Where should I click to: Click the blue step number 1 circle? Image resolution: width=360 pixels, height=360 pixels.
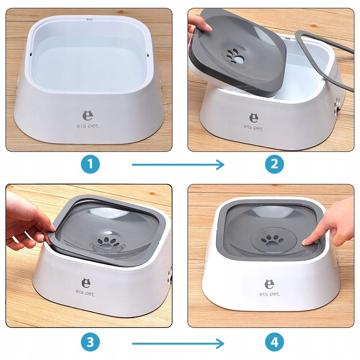(90, 164)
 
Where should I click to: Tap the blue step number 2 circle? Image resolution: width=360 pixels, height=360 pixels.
(274, 164)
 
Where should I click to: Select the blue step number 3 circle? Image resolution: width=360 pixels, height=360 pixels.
(90, 342)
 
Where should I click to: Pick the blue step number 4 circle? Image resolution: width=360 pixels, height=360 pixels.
(274, 342)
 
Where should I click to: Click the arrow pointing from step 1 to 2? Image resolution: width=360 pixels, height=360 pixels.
(178, 164)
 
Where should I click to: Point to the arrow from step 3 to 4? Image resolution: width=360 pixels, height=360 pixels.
(178, 343)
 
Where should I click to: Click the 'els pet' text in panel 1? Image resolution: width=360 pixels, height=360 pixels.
(87, 126)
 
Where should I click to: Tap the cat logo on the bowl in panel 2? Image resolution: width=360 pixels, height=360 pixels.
(253, 118)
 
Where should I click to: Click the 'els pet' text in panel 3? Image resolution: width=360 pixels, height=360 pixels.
(85, 292)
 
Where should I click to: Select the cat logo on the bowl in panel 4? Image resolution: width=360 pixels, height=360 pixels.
(269, 284)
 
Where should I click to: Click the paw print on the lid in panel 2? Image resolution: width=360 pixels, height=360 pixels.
(235, 56)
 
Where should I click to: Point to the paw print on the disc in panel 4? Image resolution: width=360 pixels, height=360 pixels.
(272, 240)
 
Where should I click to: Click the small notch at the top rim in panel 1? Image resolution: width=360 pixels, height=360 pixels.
(89, 19)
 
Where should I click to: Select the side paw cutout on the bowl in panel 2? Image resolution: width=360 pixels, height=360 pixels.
(336, 106)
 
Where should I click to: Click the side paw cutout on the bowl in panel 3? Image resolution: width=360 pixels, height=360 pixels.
(169, 275)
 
